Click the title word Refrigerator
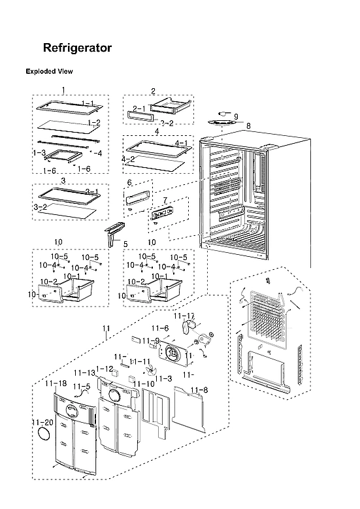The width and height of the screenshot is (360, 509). coord(77,48)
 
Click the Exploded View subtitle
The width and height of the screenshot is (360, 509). coord(49,71)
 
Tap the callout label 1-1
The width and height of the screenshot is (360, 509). coord(88,103)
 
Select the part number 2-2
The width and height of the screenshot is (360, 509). coord(167,122)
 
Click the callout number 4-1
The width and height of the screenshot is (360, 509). coord(181,143)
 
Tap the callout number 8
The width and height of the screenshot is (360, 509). coord(248,125)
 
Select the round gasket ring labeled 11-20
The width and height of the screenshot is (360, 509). coord(44,436)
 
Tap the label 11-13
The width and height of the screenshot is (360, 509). coord(86,371)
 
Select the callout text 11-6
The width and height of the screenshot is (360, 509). coord(160,328)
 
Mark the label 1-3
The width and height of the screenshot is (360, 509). coord(39,152)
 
